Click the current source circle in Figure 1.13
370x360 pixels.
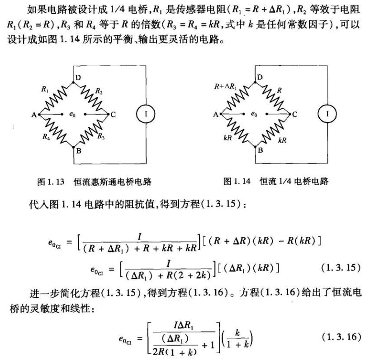coord(146,114)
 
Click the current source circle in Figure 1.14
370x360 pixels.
coord(327,114)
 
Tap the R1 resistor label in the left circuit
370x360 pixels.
coord(45,89)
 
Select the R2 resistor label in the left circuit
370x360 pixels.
coord(99,91)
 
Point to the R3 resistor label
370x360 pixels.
coord(101,136)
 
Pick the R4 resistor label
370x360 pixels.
coord(46,137)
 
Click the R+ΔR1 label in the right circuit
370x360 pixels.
coord(225,86)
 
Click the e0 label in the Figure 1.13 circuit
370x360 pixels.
coord(72,114)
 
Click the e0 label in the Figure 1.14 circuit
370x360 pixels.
coord(254,114)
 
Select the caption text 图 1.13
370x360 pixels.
coord(51,182)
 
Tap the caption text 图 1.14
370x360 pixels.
coord(237,181)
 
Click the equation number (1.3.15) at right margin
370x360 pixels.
coord(341,268)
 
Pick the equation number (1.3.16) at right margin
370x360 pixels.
coord(341,337)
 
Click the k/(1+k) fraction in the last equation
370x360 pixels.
coord(237,339)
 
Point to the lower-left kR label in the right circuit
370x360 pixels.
coord(228,138)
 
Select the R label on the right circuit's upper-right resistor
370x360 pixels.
coord(280,90)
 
